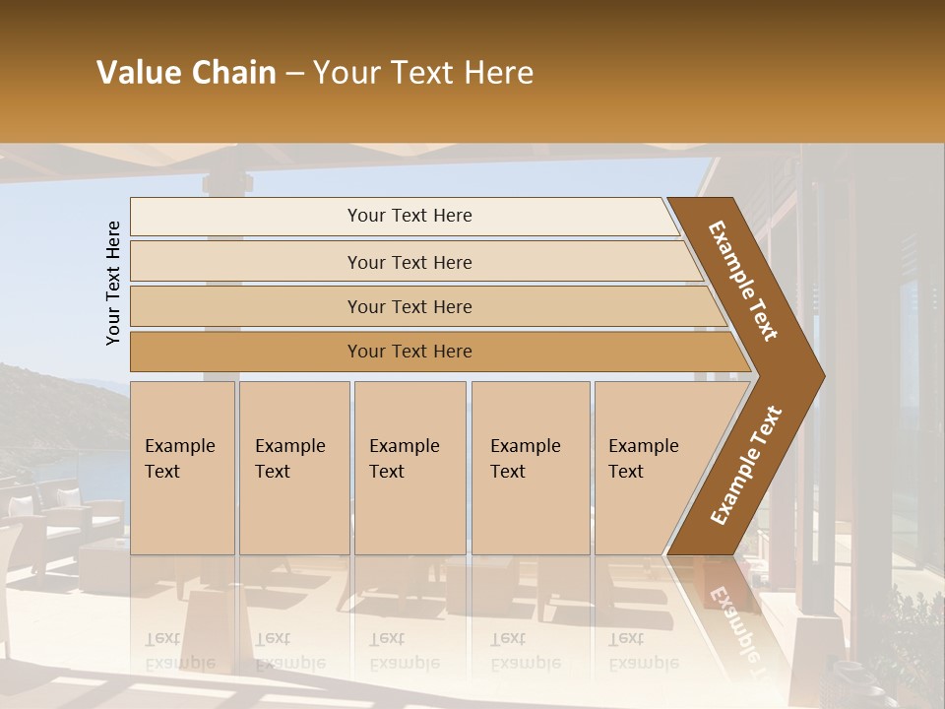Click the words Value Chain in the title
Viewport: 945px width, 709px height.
pos(186,73)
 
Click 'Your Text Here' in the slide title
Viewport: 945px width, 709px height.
pos(423,73)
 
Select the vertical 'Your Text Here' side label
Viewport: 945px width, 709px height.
pos(113,283)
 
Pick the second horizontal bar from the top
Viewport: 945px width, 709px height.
pos(409,262)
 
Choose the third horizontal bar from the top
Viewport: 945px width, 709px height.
pos(409,306)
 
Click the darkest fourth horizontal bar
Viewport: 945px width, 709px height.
pos(409,352)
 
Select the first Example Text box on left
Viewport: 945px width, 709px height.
pos(182,468)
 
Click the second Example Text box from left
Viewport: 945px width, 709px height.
pos(293,468)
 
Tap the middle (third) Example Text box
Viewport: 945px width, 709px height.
pos(409,468)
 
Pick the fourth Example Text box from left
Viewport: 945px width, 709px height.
pos(530,468)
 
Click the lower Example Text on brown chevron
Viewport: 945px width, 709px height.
pos(746,466)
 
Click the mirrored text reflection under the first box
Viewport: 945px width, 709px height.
pos(179,651)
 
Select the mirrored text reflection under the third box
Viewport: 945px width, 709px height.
pos(404,651)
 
